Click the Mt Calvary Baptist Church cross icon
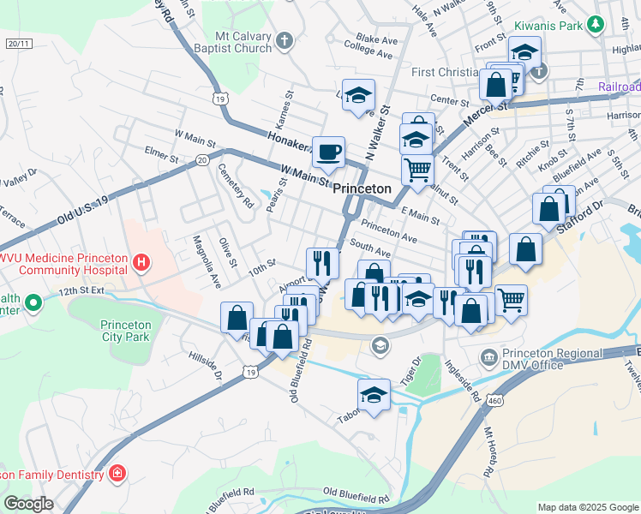coord(285,39)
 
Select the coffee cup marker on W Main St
coord(328,152)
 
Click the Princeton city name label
coord(362,188)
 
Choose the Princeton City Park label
coord(125,331)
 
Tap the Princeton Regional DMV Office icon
coord(488,356)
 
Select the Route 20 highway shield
coord(201,159)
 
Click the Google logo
coord(28,504)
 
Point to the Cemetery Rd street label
coord(236,187)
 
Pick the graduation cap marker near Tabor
coord(374,395)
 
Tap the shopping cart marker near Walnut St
coord(417,170)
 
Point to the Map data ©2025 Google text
coord(588,507)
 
